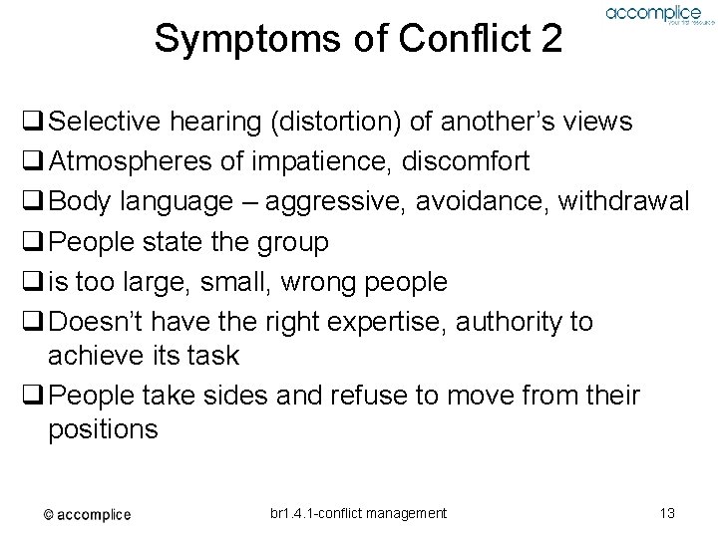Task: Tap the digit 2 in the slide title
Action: pos(549,40)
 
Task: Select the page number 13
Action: pos(667,513)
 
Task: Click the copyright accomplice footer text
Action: pos(87,514)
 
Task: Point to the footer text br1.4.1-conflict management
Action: pos(358,513)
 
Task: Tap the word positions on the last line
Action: pos(102,429)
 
